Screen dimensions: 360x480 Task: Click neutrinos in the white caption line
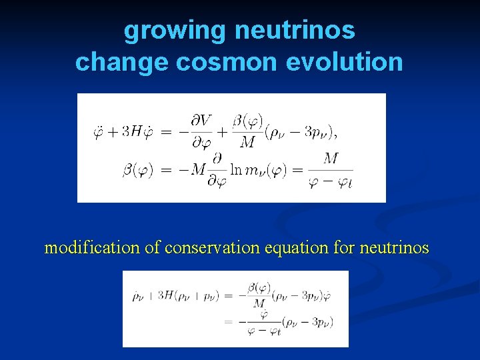[x=394, y=248]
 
